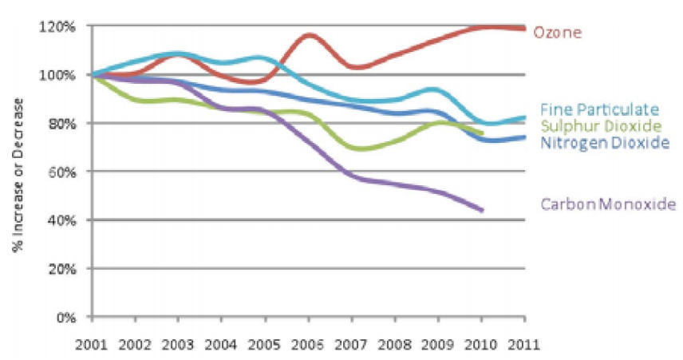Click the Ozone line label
point(557,33)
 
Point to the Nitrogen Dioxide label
point(603,143)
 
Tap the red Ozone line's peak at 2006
point(309,35)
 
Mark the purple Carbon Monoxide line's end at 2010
point(482,210)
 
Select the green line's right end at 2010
point(482,133)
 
